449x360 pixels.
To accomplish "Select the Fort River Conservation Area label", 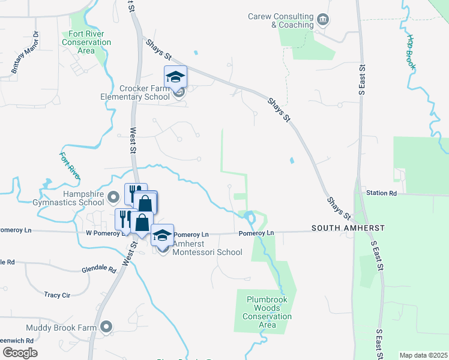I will [86, 43].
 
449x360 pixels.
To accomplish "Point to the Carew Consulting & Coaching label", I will [281, 20].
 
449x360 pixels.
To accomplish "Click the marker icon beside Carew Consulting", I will [323, 20].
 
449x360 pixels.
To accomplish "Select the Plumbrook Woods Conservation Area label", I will [267, 312].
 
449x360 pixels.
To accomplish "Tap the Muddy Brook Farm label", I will [61, 328].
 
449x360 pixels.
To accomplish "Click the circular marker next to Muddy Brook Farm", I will [106, 327].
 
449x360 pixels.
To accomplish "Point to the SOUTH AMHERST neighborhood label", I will [348, 229].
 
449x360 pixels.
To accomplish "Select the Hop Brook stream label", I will [412, 51].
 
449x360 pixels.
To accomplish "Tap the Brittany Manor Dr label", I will [24, 53].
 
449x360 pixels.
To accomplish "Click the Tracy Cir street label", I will [57, 295].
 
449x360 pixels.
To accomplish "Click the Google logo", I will [20, 352].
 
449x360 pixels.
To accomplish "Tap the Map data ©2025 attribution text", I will [423, 355].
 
